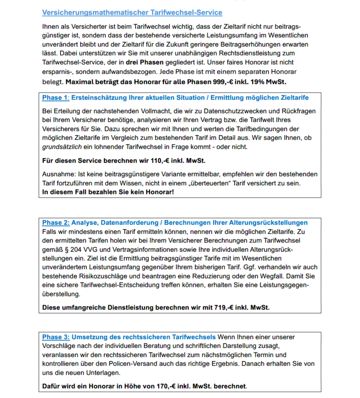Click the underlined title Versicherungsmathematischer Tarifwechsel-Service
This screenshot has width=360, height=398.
132,12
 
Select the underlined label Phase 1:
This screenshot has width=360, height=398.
56,98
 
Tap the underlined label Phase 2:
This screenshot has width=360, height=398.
56,223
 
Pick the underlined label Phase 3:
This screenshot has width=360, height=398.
56,337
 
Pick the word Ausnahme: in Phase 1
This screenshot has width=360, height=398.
58,174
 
